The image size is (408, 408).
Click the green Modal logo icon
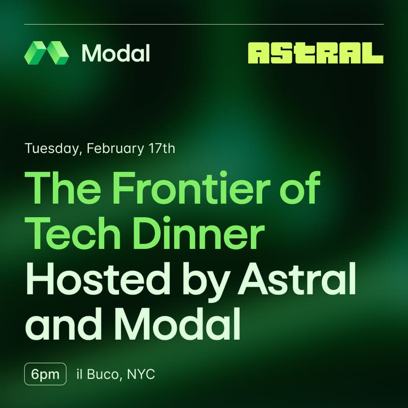(46, 53)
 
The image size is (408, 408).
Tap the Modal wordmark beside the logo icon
(116, 53)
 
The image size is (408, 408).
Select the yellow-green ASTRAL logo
(315, 53)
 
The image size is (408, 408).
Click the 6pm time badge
(45, 374)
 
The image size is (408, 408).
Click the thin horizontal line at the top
(204, 24)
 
